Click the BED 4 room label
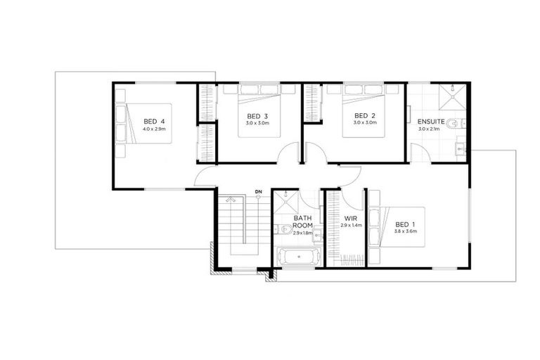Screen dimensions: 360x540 (x=155, y=120)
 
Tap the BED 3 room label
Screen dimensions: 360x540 (x=257, y=115)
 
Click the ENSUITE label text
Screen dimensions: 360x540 (x=431, y=120)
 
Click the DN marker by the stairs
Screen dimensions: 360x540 (x=258, y=191)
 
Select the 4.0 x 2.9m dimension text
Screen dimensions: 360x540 (x=155, y=129)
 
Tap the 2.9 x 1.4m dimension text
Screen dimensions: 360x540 (x=351, y=226)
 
